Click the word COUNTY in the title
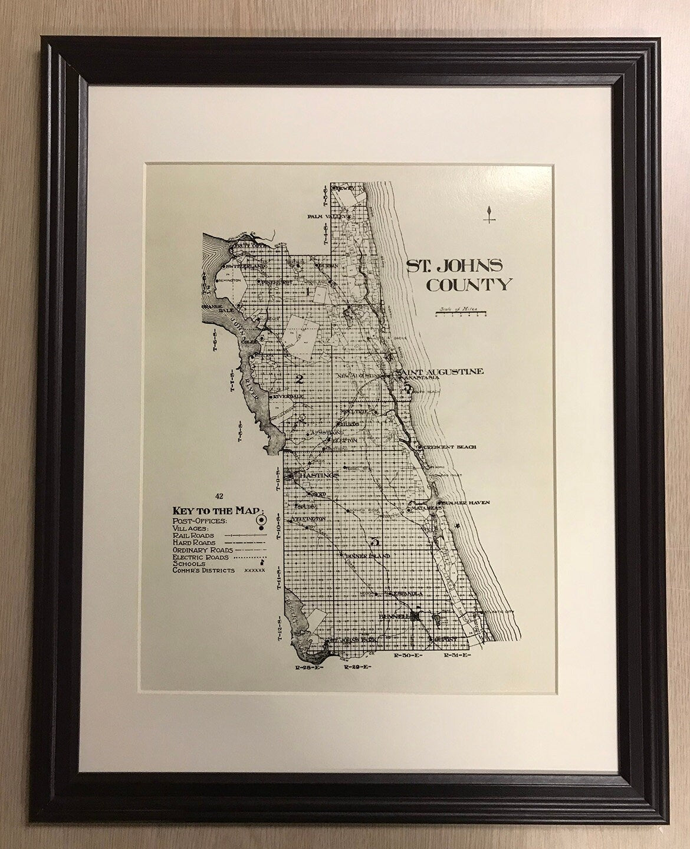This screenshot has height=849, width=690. (x=468, y=285)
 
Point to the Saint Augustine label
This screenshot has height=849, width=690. (x=442, y=371)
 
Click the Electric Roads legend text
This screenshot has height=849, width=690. (x=201, y=556)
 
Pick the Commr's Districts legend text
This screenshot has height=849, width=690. (x=204, y=570)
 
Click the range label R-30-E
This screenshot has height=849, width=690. (x=403, y=655)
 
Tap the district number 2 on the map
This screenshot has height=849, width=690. (x=299, y=379)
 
